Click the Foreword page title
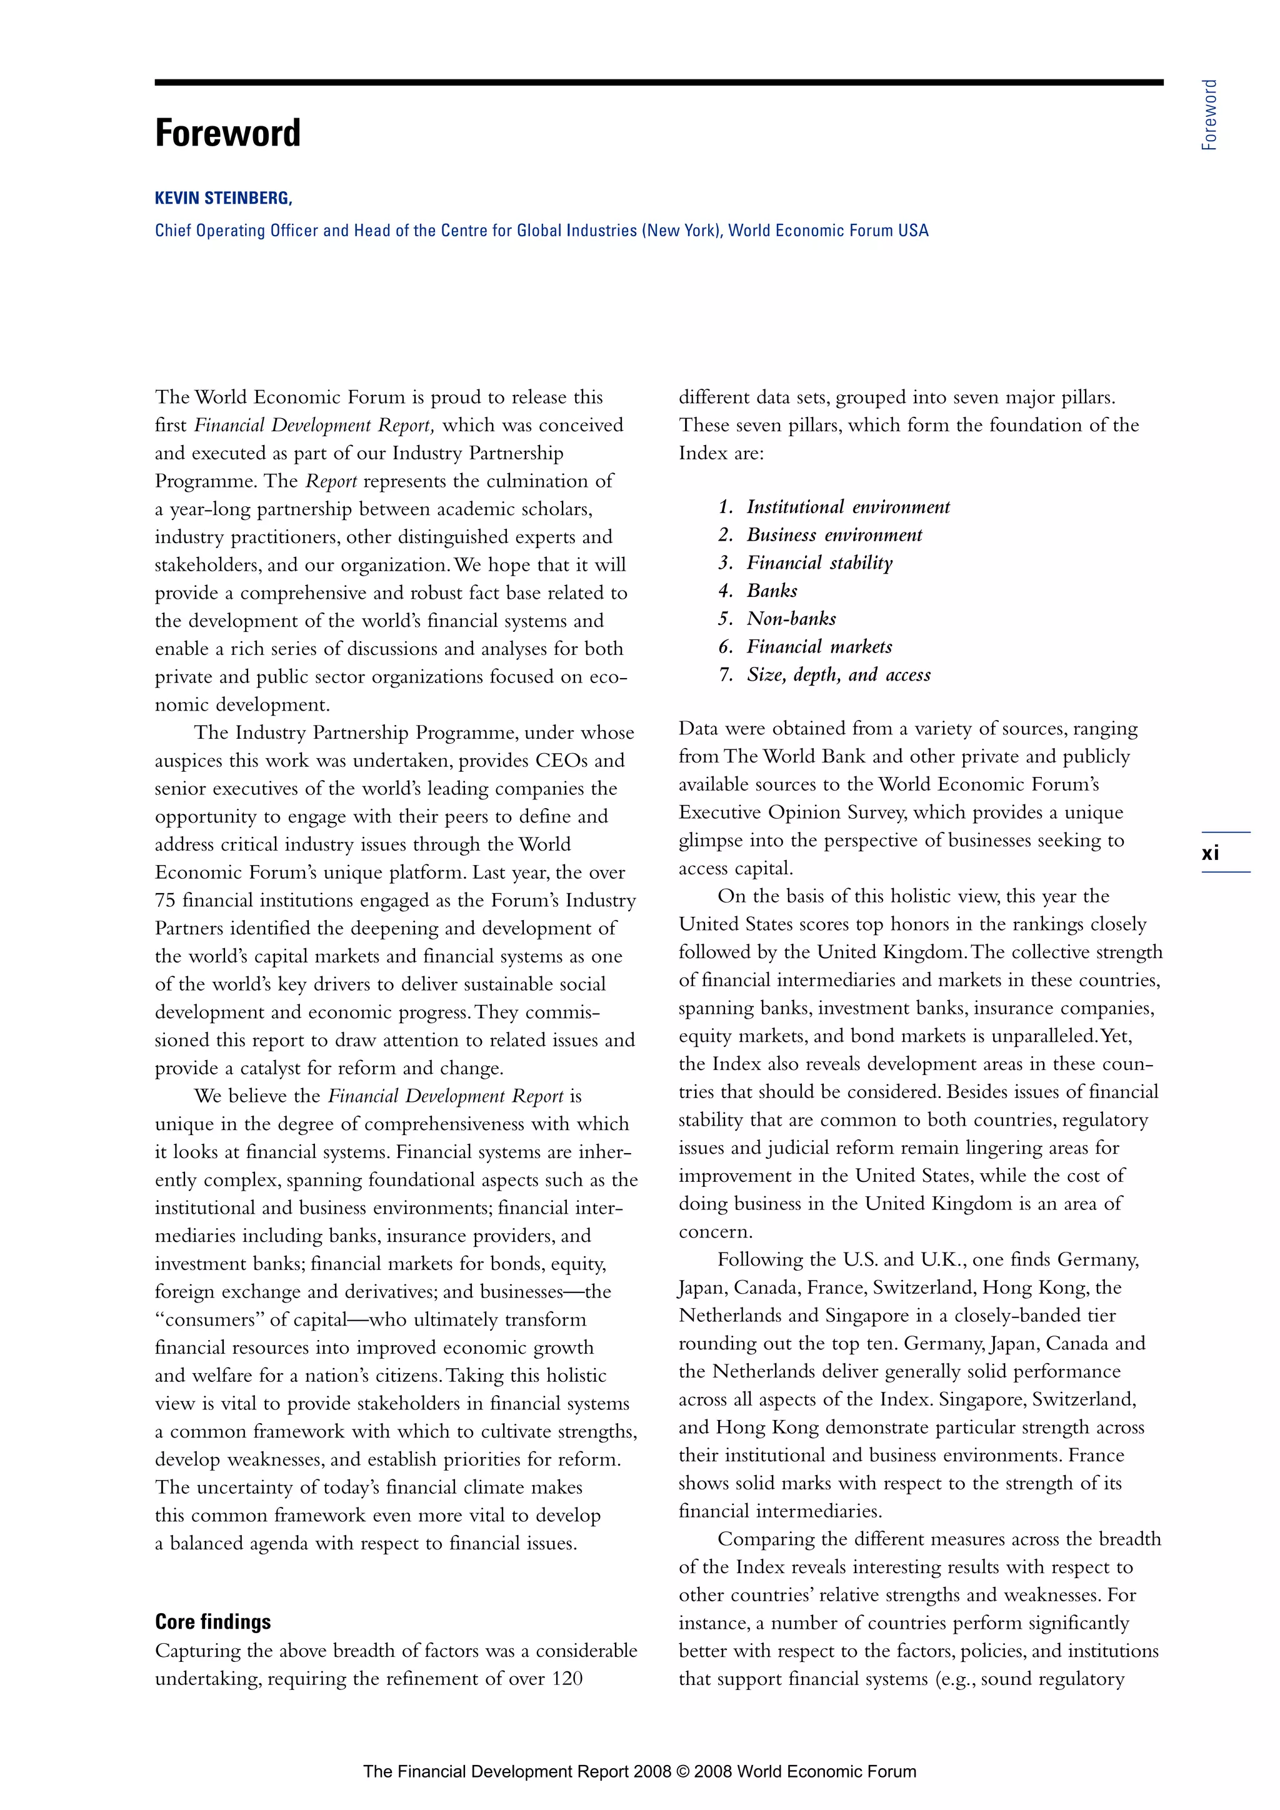coord(227,133)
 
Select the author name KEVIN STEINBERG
coord(223,199)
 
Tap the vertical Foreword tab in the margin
coord(1209,115)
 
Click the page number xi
coord(1210,853)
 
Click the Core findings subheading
coord(212,1622)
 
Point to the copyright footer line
coord(639,1771)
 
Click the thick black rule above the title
coord(658,82)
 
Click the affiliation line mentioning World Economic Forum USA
coord(541,230)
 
